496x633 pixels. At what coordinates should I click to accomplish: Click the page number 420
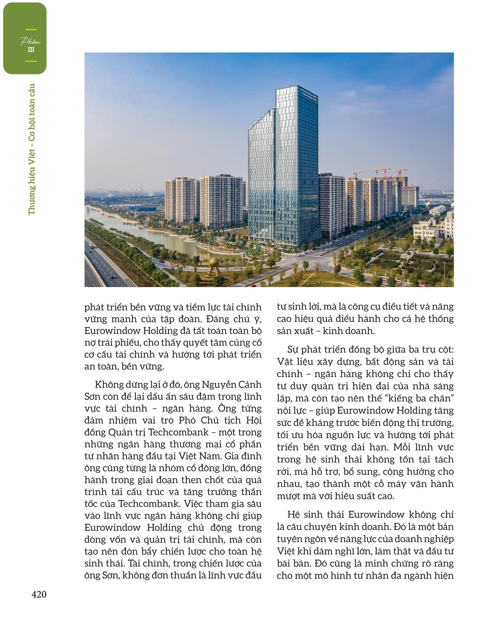39,595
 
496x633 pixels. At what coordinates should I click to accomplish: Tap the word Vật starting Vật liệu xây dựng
286,362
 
